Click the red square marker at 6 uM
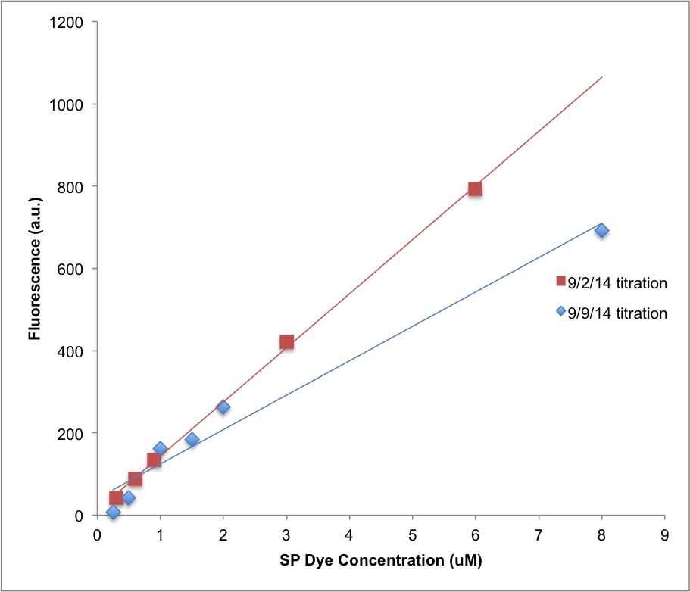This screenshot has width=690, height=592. pyautogui.click(x=475, y=189)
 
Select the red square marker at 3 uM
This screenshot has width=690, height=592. pyautogui.click(x=286, y=342)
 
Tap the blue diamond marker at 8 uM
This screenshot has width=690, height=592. pyautogui.click(x=601, y=230)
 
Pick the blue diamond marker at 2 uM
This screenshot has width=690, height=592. pyautogui.click(x=223, y=407)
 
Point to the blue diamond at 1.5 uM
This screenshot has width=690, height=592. pyautogui.click(x=192, y=439)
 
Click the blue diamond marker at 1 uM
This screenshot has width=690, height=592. pyautogui.click(x=160, y=449)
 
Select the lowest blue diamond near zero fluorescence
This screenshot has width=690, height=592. pyautogui.click(x=113, y=513)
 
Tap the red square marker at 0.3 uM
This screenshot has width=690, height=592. pyautogui.click(x=116, y=497)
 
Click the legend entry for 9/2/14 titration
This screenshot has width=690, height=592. pyautogui.click(x=610, y=283)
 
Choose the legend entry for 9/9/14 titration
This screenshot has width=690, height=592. pyautogui.click(x=610, y=313)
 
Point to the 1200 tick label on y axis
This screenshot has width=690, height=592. pyautogui.click(x=67, y=22)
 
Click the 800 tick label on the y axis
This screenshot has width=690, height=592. pyautogui.click(x=71, y=186)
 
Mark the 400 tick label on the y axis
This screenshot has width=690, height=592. pyautogui.click(x=71, y=351)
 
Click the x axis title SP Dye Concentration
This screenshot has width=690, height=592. pyautogui.click(x=381, y=561)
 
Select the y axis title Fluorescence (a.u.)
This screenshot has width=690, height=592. pyautogui.click(x=35, y=269)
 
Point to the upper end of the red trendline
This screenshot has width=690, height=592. pyautogui.click(x=601, y=76)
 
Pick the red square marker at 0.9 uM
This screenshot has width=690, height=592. pyautogui.click(x=154, y=460)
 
